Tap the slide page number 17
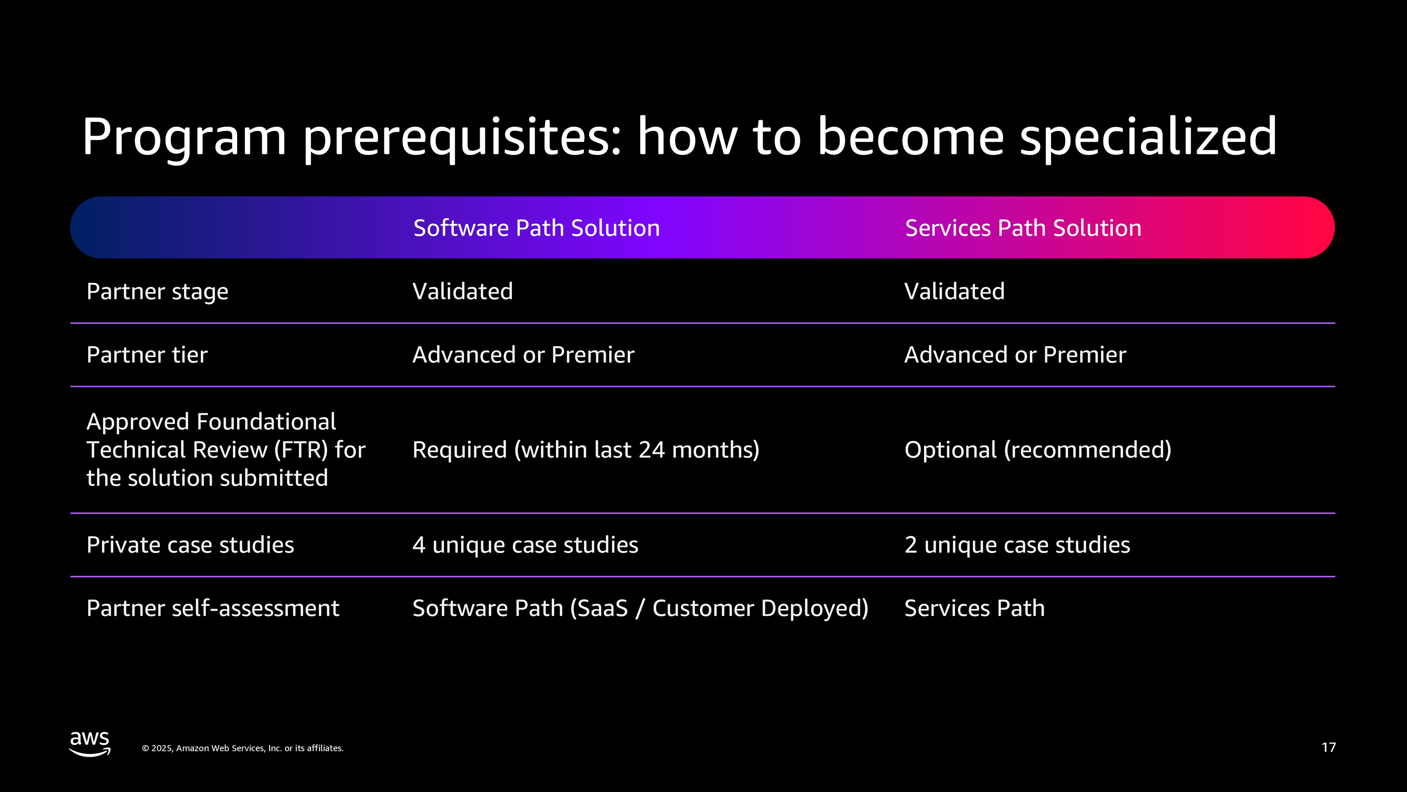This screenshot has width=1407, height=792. (x=1328, y=748)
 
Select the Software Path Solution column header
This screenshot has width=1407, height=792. (x=536, y=228)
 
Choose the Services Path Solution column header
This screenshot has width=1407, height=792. (x=1023, y=228)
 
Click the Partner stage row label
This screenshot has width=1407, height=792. (x=157, y=292)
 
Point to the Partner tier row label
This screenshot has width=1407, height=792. (x=147, y=355)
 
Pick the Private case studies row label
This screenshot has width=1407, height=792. (x=190, y=545)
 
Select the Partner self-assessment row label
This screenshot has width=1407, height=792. (x=213, y=608)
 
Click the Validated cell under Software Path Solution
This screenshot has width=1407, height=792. (x=463, y=291)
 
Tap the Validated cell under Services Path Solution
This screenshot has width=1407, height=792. (x=954, y=291)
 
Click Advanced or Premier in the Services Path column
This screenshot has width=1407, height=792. (x=1015, y=355)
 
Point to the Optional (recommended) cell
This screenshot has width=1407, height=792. (x=1038, y=450)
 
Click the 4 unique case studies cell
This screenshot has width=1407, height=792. (x=525, y=545)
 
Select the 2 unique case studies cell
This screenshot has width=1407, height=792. (x=1017, y=545)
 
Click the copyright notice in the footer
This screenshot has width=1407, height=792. (x=243, y=748)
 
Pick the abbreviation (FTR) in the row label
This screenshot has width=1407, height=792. (x=301, y=450)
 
